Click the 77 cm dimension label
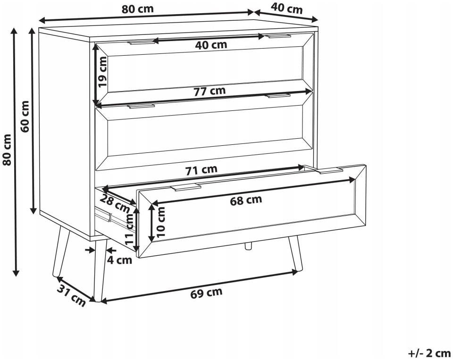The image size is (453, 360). click(210, 91)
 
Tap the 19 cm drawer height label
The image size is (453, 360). click(102, 72)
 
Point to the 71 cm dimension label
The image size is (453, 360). click(201, 169)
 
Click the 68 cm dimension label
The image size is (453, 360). click(246, 200)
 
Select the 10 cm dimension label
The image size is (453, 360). click(160, 222)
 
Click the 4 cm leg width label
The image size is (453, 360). click(119, 260)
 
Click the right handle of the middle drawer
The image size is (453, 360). click(278, 95)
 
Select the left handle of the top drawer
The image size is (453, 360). click(141, 43)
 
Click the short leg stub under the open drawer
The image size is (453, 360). click(248, 246)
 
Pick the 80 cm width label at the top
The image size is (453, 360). click(137, 9)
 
